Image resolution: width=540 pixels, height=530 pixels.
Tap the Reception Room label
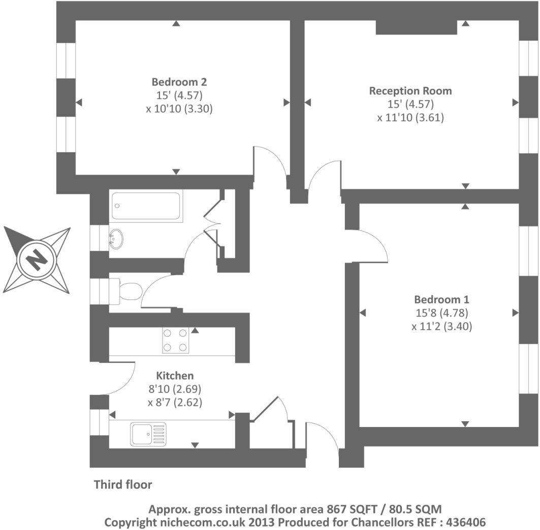[410, 91]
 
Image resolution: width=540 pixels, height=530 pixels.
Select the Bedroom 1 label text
[441, 299]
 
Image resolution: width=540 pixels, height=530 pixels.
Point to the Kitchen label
[175, 376]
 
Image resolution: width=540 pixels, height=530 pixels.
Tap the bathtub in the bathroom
[146, 206]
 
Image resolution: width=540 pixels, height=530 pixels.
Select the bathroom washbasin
[116, 239]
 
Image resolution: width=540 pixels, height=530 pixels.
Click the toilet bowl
[131, 291]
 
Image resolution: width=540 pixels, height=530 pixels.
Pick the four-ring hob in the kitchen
[176, 340]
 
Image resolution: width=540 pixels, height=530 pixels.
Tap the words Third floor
[123, 484]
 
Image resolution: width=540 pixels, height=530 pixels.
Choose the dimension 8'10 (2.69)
[175, 389]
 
